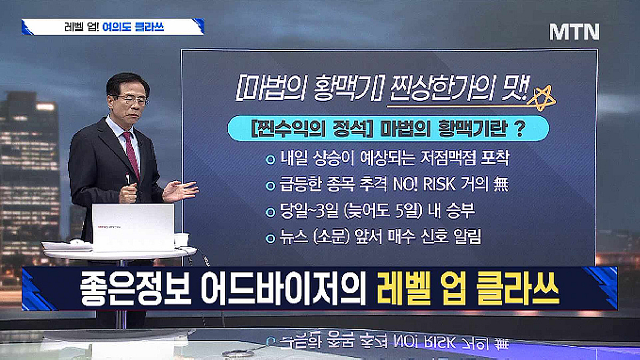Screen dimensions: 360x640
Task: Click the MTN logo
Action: (574, 32)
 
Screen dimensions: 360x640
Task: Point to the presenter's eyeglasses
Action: (132, 100)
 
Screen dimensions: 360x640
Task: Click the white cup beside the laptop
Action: (182, 240)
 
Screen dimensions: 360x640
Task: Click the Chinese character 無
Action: (501, 185)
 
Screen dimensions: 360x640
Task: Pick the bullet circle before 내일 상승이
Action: (270, 159)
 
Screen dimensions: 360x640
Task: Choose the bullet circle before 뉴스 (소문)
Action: (270, 238)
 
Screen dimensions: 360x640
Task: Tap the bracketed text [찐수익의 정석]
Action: (302, 129)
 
